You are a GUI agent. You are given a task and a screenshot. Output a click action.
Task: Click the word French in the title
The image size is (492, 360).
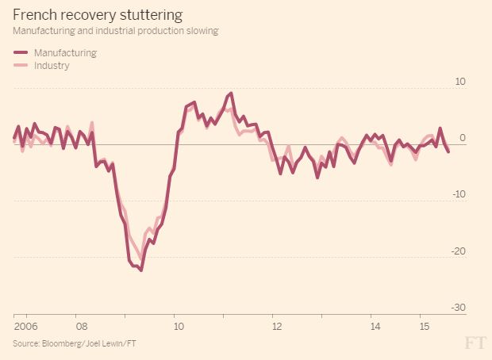tap(33, 15)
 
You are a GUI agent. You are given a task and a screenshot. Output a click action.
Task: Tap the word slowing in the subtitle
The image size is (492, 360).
tap(200, 30)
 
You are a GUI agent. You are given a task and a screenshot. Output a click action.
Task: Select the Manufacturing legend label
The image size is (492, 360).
tap(66, 52)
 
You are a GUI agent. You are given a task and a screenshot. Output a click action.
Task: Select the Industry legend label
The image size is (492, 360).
tap(52, 66)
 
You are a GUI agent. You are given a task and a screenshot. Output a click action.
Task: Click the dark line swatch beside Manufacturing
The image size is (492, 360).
tap(21, 53)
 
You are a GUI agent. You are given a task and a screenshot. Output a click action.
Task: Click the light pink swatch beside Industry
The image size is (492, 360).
tap(21, 67)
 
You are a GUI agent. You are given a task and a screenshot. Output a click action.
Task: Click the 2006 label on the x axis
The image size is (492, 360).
tap(25, 326)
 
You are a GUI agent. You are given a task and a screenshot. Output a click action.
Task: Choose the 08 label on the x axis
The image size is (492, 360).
tap(81, 326)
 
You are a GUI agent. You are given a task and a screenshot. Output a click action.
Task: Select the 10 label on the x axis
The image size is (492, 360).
tap(179, 326)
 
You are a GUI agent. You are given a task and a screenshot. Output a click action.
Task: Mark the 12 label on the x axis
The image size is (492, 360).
tap(276, 326)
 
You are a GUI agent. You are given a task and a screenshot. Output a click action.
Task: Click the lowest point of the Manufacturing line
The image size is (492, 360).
tap(141, 270)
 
